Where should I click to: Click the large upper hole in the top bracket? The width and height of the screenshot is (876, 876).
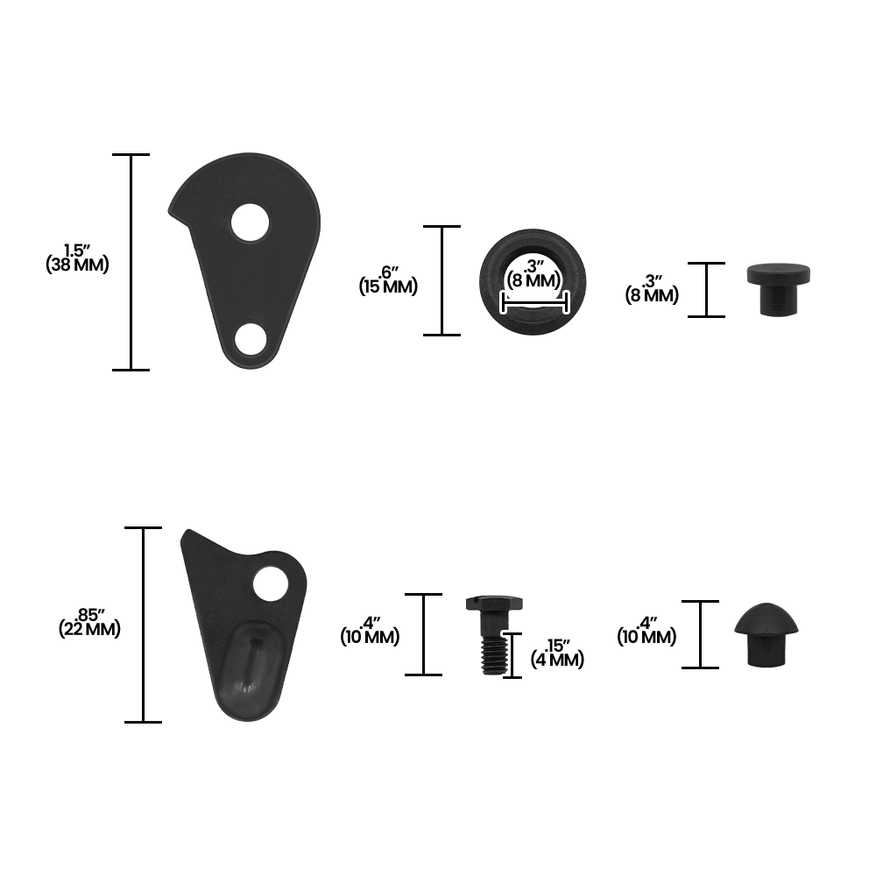tap(251, 223)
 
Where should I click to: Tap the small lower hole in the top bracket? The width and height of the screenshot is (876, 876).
tap(251, 339)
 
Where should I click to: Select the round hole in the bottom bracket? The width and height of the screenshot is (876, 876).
tap(271, 583)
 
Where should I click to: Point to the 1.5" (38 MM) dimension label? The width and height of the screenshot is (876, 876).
tap(77, 258)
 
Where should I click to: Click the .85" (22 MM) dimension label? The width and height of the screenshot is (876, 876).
tap(89, 622)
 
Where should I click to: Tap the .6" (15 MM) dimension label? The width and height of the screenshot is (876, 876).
tap(388, 280)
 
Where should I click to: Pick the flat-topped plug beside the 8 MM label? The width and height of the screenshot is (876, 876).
tap(778, 289)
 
